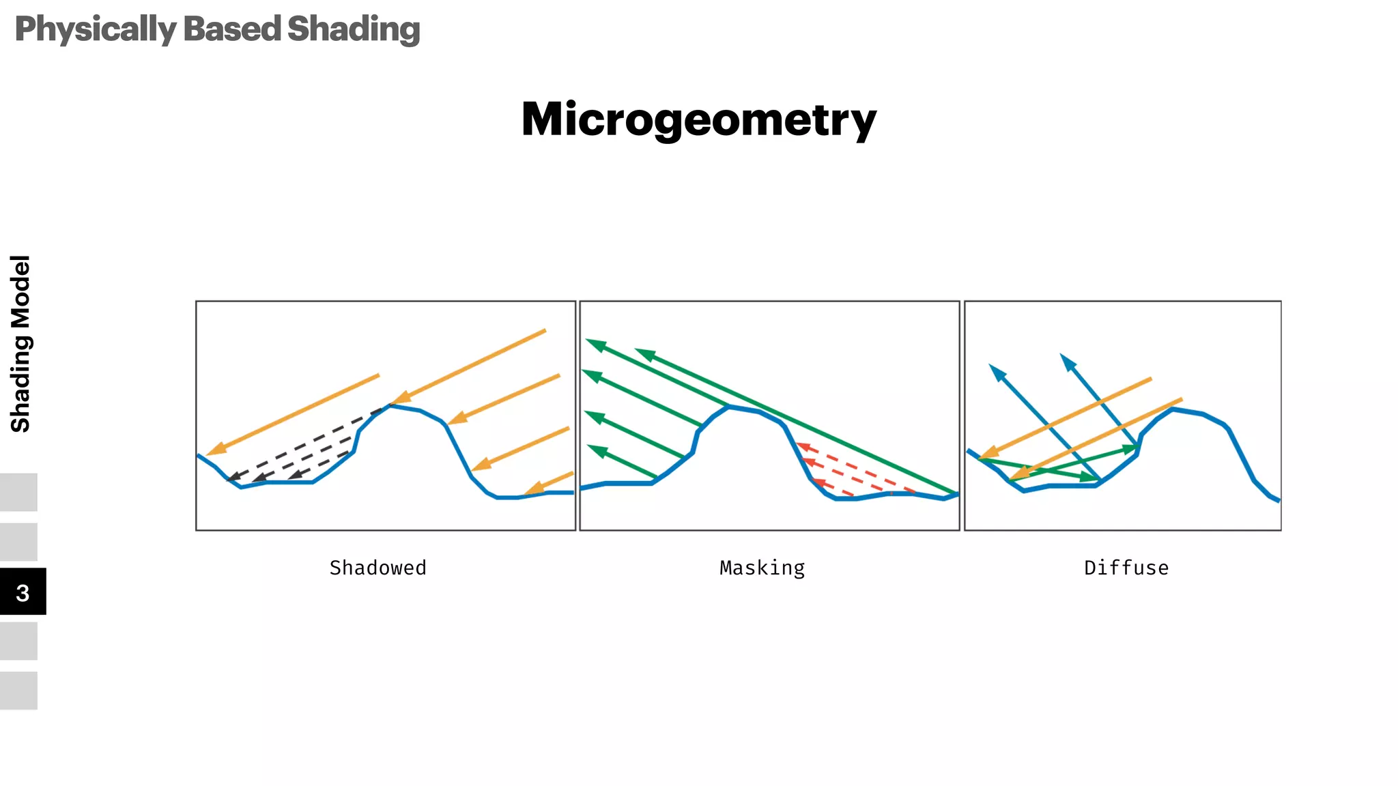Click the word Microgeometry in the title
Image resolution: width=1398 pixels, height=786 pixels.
698,120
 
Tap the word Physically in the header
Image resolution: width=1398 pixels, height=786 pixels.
96,29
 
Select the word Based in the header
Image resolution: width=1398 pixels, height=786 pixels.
232,29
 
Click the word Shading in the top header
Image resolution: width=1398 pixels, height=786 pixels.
354,29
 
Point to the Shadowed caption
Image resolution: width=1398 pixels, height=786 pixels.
377,568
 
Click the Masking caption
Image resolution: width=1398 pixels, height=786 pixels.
762,568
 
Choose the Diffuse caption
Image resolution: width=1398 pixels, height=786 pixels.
1126,568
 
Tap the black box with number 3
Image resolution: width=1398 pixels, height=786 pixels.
23,592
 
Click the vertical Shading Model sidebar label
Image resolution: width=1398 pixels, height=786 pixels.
20,344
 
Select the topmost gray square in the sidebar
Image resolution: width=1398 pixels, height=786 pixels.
18,492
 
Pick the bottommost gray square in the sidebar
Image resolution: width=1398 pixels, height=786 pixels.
18,690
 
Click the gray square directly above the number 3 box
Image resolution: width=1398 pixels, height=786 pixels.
18,542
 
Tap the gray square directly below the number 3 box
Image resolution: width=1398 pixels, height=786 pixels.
18,641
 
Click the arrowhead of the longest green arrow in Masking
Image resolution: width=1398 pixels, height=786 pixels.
642,353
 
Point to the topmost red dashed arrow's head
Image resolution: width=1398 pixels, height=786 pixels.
803,448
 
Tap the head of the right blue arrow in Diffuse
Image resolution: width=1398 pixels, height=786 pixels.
1066,360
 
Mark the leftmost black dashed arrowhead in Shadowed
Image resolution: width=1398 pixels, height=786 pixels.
233,478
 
